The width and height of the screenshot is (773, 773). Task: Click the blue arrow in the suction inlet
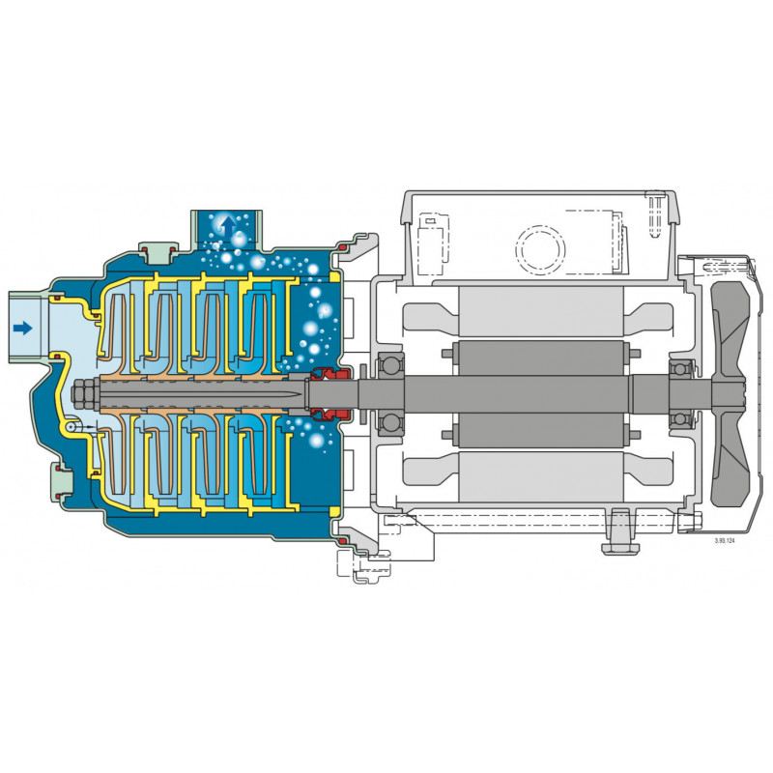pos(23,328)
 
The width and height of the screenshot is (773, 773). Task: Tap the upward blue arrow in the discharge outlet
pos(228,226)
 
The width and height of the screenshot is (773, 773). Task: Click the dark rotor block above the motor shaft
pos(541,358)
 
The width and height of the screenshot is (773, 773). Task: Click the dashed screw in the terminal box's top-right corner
pos(657,212)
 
